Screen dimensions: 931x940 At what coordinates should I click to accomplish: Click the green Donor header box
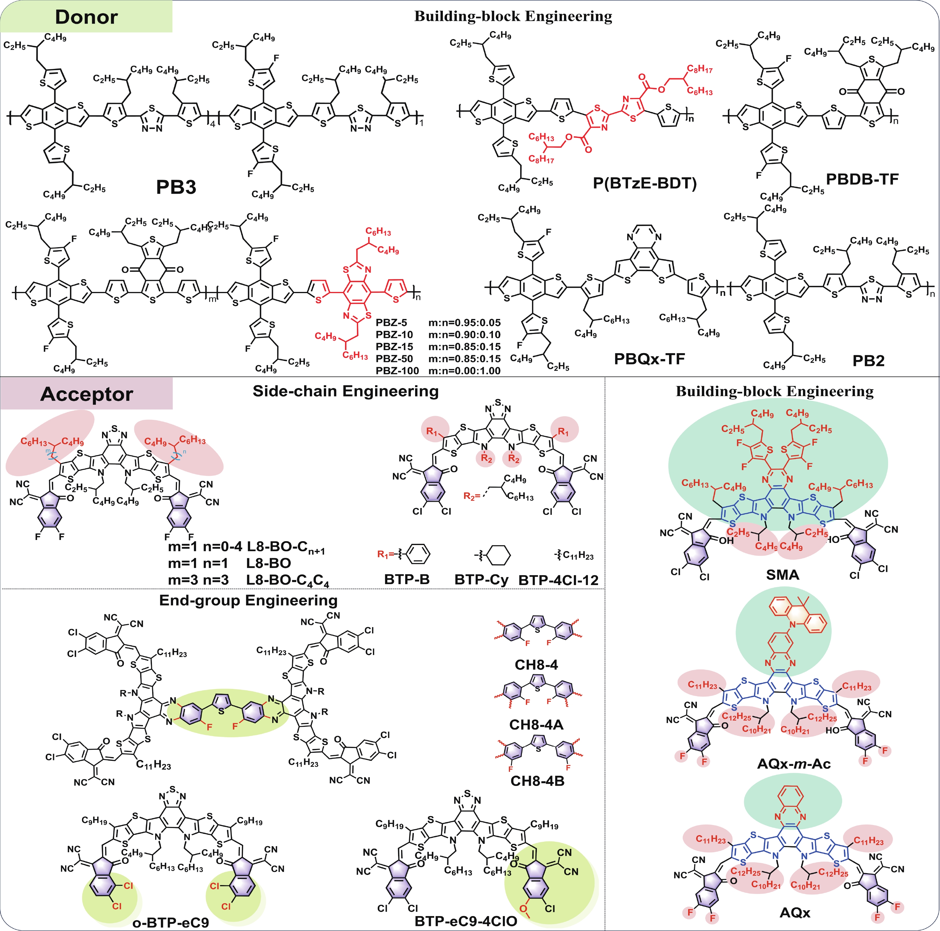point(86,16)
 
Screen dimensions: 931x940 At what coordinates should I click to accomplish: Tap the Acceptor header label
point(86,394)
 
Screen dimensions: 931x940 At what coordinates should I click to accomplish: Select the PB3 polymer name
point(176,187)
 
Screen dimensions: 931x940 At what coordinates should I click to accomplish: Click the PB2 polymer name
point(868,361)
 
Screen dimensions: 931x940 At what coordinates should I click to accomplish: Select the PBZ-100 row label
point(397,371)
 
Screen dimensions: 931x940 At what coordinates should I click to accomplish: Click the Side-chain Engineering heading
point(346,391)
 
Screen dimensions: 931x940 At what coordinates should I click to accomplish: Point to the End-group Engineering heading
point(248,600)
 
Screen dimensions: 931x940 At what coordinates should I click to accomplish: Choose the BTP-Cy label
point(481,580)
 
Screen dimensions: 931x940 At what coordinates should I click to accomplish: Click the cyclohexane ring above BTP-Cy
point(499,555)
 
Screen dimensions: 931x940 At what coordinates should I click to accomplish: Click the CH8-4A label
point(536,725)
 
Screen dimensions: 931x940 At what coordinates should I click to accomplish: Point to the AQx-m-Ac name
point(793,764)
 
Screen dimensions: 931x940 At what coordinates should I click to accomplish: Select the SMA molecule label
point(782,575)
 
